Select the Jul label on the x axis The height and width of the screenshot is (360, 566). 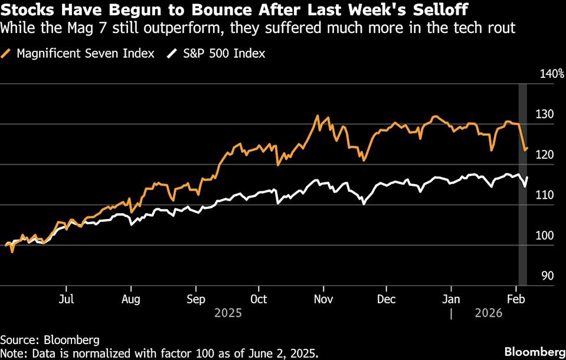[67, 299]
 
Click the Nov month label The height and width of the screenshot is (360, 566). [323, 299]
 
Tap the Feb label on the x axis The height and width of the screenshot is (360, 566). [516, 299]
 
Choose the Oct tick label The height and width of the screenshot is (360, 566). [259, 299]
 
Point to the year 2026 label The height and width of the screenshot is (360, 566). [489, 313]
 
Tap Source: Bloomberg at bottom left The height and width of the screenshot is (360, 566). [50, 340]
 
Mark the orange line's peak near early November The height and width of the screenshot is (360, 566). [318, 116]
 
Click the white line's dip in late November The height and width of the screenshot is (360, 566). [363, 204]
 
